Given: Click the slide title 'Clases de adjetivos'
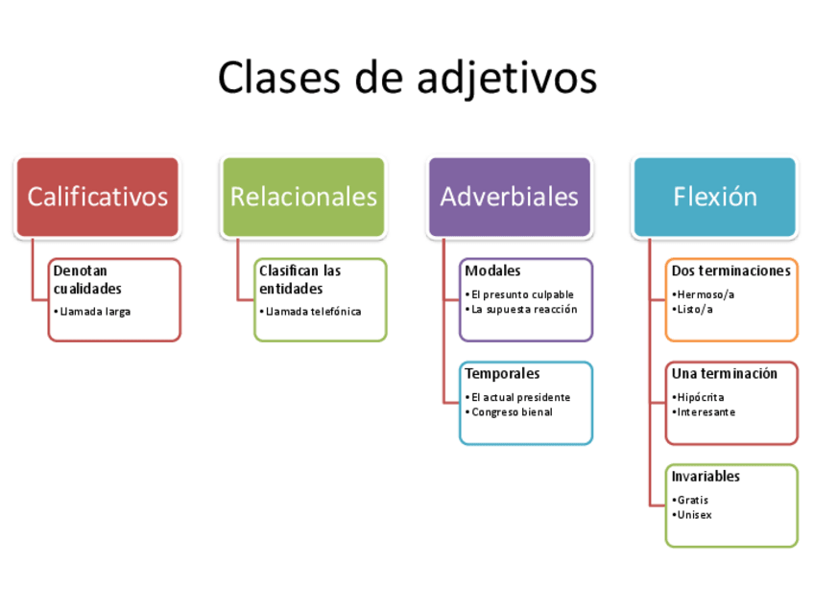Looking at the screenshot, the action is pyautogui.click(x=407, y=77).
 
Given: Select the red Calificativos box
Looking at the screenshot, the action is pyautogui.click(x=97, y=197).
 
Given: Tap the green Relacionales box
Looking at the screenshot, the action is pyautogui.click(x=303, y=197).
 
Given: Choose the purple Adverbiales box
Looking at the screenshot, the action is pyautogui.click(x=510, y=197).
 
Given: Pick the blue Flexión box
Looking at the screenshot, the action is pyautogui.click(x=715, y=197).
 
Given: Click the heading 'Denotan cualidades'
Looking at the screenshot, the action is pyautogui.click(x=87, y=279).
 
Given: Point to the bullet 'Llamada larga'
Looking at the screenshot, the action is pyautogui.click(x=93, y=312).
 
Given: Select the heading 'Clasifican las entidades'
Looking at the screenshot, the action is pyautogui.click(x=299, y=279).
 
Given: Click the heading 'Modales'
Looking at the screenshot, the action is pyautogui.click(x=492, y=270).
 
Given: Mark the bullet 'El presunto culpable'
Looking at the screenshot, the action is pyautogui.click(x=522, y=294).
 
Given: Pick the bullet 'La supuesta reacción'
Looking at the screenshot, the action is pyautogui.click(x=524, y=309).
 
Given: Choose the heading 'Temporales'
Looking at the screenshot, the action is pyautogui.click(x=502, y=373).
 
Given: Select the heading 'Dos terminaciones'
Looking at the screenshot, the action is pyautogui.click(x=730, y=270).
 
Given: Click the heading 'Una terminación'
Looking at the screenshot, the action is pyautogui.click(x=724, y=373).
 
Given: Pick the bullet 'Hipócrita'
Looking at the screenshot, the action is pyautogui.click(x=700, y=397).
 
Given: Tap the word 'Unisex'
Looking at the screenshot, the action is pyautogui.click(x=694, y=515).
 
